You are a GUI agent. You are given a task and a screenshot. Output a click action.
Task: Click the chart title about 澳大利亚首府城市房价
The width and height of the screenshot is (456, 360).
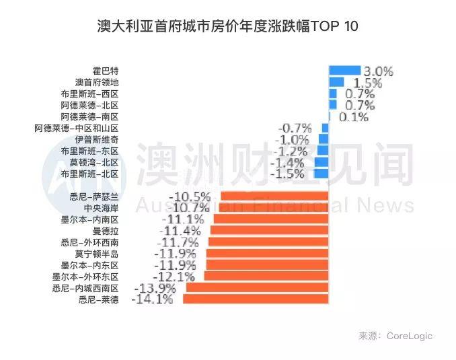[x=228, y=26]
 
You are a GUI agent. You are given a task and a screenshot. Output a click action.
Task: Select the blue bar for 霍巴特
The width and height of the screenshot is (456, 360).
[x=345, y=71]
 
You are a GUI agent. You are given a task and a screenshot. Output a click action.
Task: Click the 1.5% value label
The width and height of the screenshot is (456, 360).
[x=368, y=83]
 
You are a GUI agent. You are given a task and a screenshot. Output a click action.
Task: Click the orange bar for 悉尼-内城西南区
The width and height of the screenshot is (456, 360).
[x=257, y=287]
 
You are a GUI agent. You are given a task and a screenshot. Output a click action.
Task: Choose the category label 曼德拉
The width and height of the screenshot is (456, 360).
[x=106, y=230]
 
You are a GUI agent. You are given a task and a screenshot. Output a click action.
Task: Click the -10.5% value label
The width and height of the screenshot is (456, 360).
[x=191, y=196]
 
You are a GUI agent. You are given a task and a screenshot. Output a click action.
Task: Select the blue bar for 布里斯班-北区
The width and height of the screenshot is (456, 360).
[x=321, y=174]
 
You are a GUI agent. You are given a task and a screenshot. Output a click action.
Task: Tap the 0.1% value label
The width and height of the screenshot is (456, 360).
[x=354, y=116]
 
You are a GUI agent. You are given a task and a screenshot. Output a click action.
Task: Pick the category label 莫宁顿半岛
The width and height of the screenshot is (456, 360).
[x=98, y=253]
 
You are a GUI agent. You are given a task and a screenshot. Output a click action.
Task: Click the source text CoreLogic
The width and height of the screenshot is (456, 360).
[x=410, y=336]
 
